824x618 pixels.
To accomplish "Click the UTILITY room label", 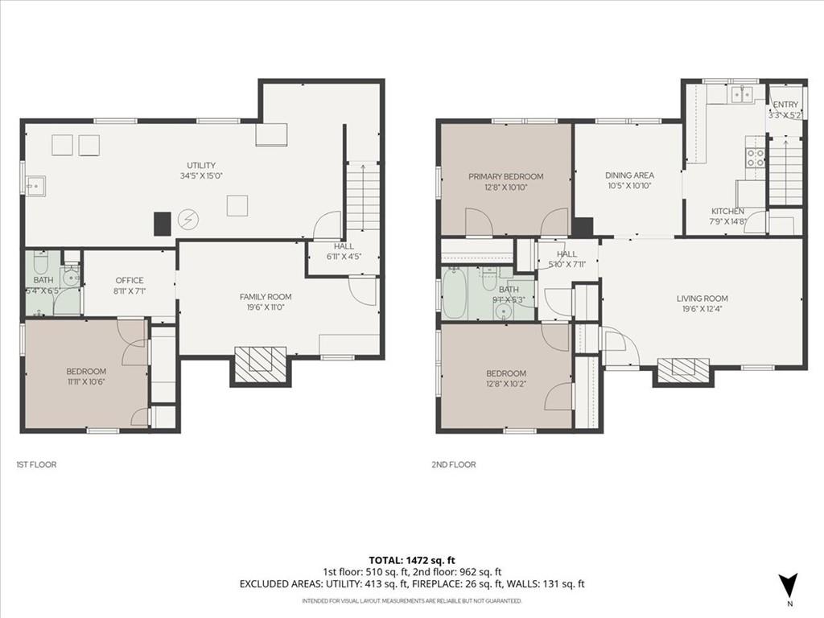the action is click(201, 165).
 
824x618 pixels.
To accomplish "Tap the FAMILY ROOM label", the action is click(266, 297).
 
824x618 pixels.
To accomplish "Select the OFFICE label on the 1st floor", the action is click(130, 281).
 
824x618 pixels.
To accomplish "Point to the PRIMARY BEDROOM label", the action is click(505, 176).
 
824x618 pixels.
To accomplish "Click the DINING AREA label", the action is click(629, 175).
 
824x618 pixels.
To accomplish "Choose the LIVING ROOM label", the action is click(702, 299).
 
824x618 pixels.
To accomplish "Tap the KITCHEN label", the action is click(727, 212).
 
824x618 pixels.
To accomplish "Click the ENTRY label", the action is click(785, 105).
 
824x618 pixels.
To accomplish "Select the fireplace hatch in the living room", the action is click(682, 370).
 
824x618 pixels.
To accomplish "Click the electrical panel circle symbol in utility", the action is click(187, 220).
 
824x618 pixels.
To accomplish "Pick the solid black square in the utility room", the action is click(163, 224).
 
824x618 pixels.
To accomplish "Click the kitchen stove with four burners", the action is click(755, 158).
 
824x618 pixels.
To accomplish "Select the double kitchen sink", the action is click(742, 95).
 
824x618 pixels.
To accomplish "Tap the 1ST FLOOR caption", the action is click(36, 464).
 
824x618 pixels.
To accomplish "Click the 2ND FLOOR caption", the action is click(454, 464).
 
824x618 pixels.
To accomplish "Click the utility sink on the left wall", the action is click(35, 186).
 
